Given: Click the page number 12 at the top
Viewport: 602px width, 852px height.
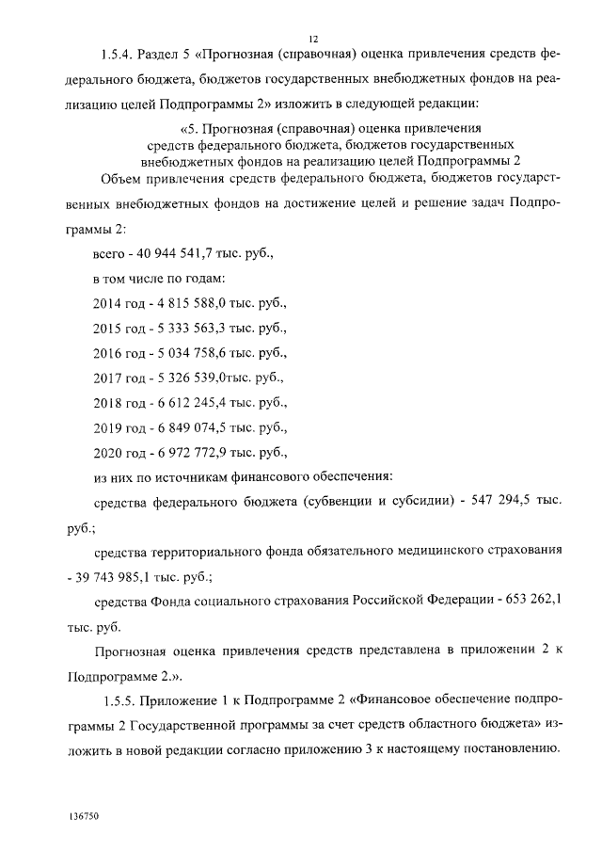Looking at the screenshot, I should point(313,38).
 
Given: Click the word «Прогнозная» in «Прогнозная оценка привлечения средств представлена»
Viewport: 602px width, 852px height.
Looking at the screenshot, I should point(130,651).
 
